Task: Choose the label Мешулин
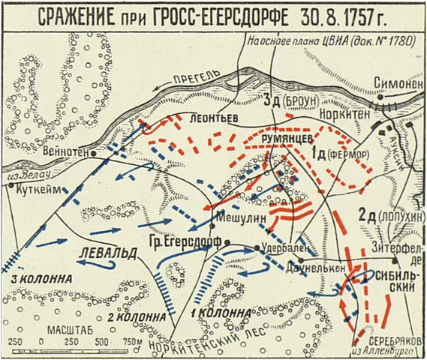coord(237,213)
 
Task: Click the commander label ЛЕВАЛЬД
coord(110,252)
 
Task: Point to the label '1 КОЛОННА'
coord(218,311)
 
